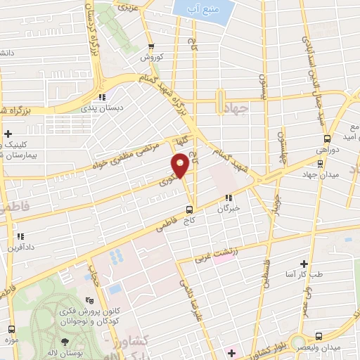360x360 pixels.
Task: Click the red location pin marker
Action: coord(181,166)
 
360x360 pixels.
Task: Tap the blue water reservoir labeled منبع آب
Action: coord(201,11)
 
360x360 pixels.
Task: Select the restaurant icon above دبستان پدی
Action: coord(103,97)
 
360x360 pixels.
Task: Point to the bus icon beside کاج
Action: coord(188,210)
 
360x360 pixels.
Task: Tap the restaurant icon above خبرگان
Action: coord(227,198)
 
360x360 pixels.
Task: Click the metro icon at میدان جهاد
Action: coord(321,162)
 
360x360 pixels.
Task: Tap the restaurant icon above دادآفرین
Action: coord(20,236)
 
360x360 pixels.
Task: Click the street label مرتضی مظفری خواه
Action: coord(131,155)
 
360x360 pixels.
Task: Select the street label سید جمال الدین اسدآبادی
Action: coord(309,56)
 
